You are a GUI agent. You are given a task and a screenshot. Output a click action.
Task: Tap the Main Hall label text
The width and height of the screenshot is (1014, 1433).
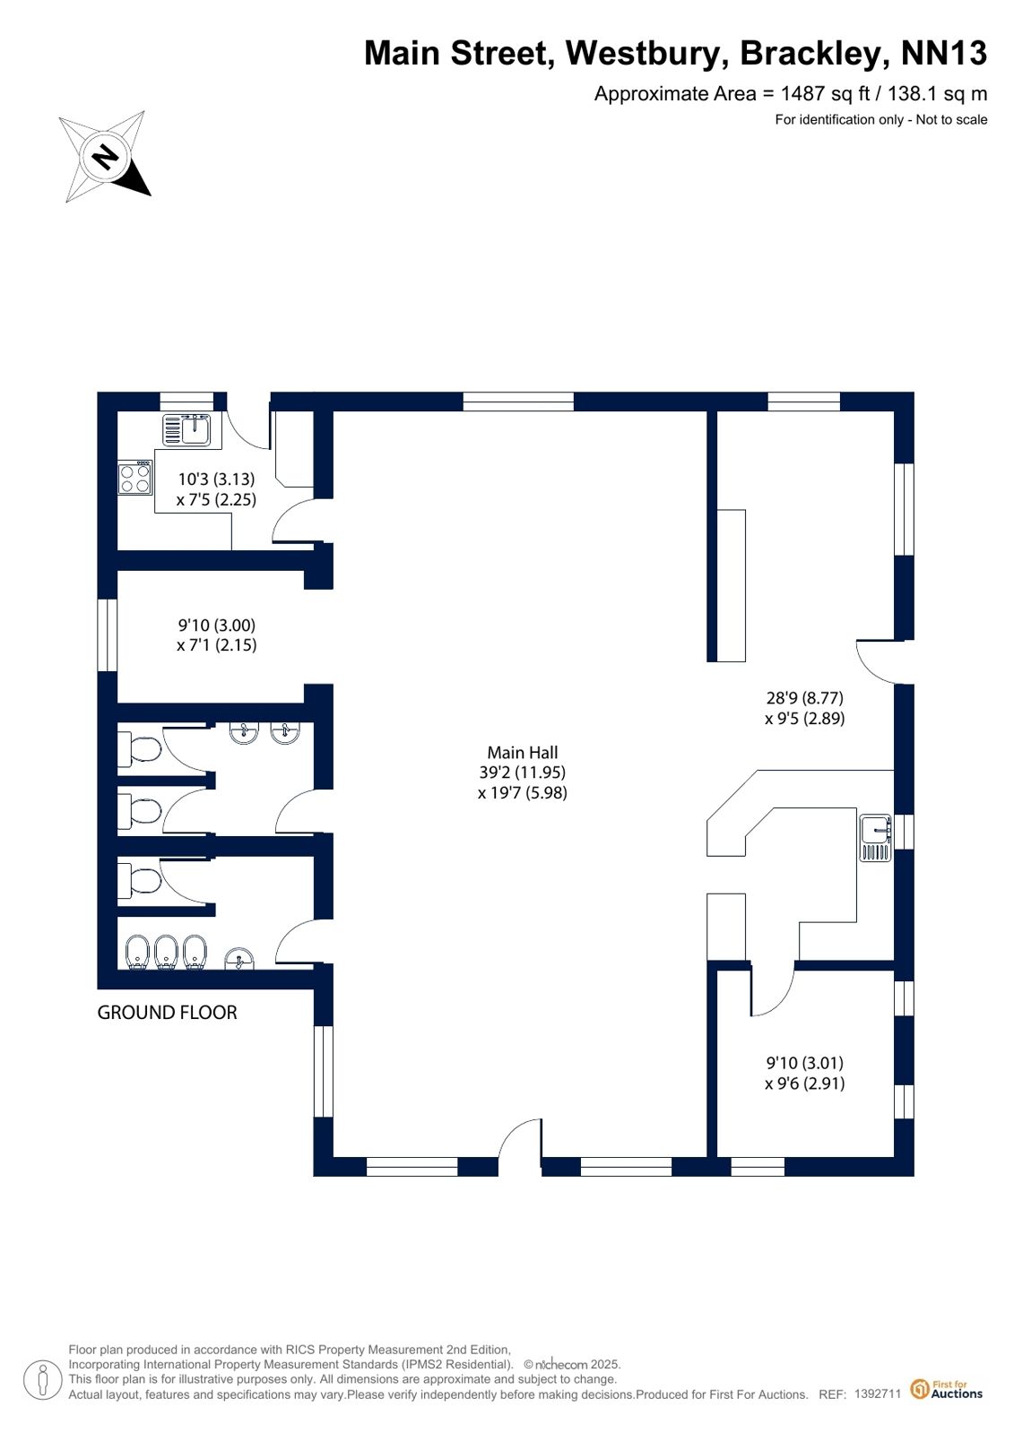[x=523, y=752]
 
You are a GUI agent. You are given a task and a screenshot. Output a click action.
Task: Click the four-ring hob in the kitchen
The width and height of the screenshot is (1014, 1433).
[x=135, y=478]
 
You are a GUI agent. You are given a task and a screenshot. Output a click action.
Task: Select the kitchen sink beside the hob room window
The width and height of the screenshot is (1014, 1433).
[x=186, y=429]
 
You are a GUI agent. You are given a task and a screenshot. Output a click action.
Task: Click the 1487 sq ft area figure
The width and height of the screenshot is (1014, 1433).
[x=825, y=94]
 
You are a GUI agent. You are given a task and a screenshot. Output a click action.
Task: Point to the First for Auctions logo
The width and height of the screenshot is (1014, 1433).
[x=947, y=1389]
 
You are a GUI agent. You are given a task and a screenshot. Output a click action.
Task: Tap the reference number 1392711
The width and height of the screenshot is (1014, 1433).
[x=877, y=1393]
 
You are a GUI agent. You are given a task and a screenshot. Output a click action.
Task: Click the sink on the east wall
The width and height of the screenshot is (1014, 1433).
[x=875, y=837]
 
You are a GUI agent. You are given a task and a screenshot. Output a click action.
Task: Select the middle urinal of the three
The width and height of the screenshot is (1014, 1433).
[x=167, y=953]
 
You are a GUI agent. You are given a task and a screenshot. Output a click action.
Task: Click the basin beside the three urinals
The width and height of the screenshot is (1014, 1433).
[x=238, y=958]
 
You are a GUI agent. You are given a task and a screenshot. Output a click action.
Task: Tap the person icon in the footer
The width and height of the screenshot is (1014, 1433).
[x=43, y=1379]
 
